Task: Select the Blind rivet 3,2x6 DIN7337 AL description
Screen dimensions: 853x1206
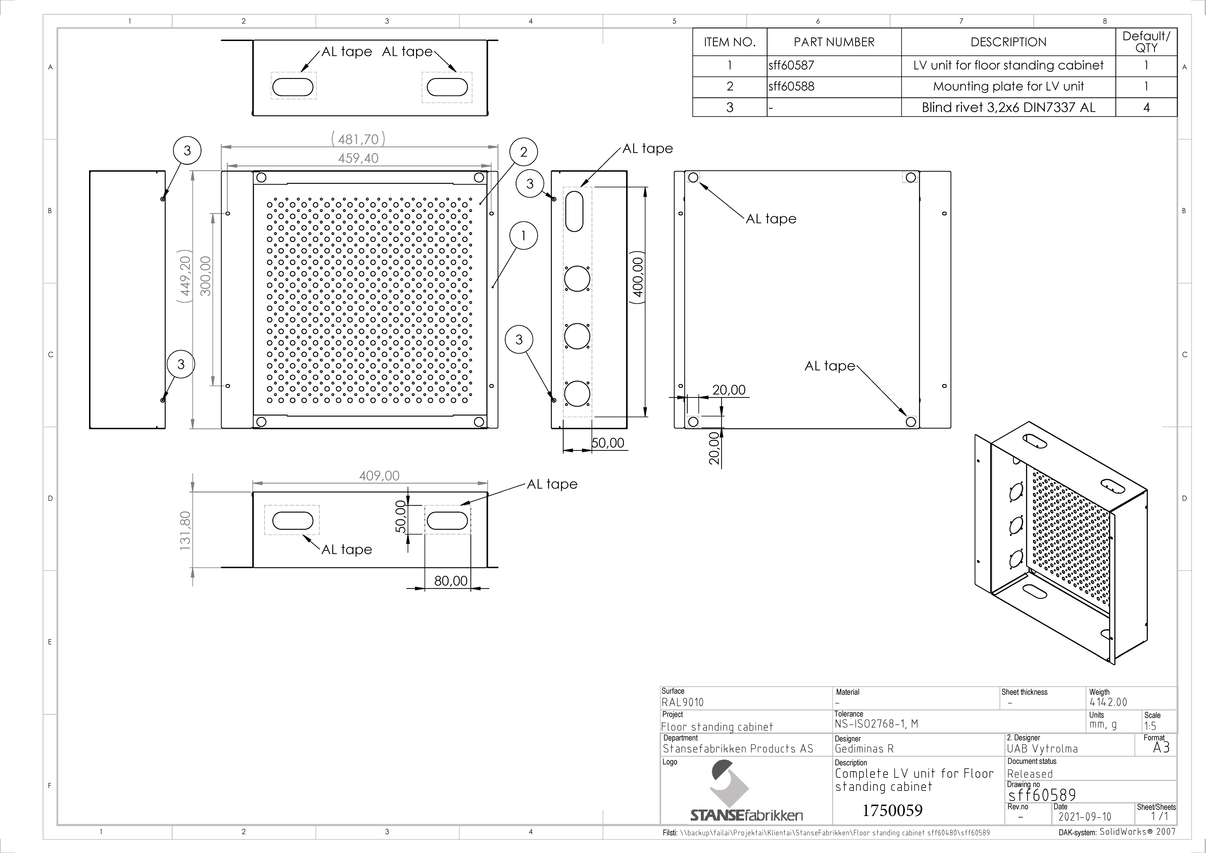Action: (x=1008, y=108)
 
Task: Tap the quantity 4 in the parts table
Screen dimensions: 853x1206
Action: (x=1146, y=108)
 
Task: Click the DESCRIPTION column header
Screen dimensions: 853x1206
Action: (x=1008, y=42)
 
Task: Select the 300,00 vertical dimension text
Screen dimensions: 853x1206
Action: (x=205, y=276)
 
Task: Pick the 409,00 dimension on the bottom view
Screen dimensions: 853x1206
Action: (x=379, y=476)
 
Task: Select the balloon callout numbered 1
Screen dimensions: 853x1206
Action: (x=523, y=236)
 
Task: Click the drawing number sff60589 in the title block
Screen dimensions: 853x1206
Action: (x=1042, y=795)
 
